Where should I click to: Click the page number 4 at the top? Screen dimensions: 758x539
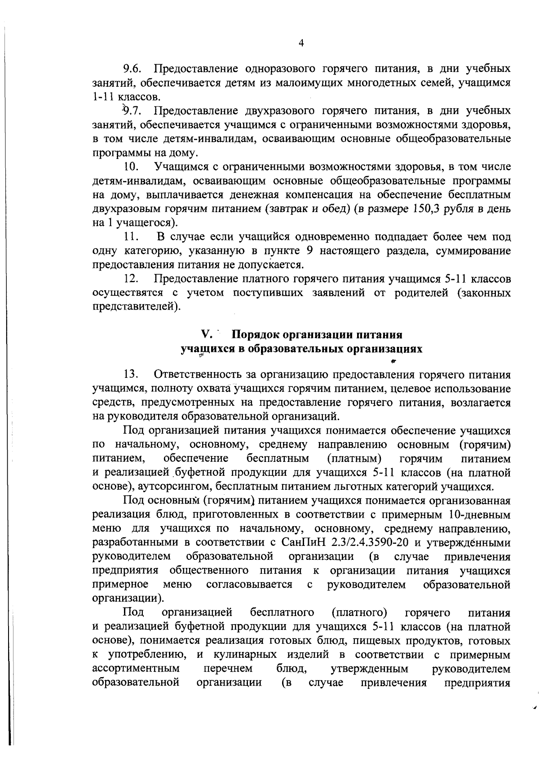(301, 43)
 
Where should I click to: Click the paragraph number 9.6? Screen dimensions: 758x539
(133, 69)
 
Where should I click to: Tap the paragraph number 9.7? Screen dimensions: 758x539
(133, 111)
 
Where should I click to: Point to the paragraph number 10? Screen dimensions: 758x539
(131, 167)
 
